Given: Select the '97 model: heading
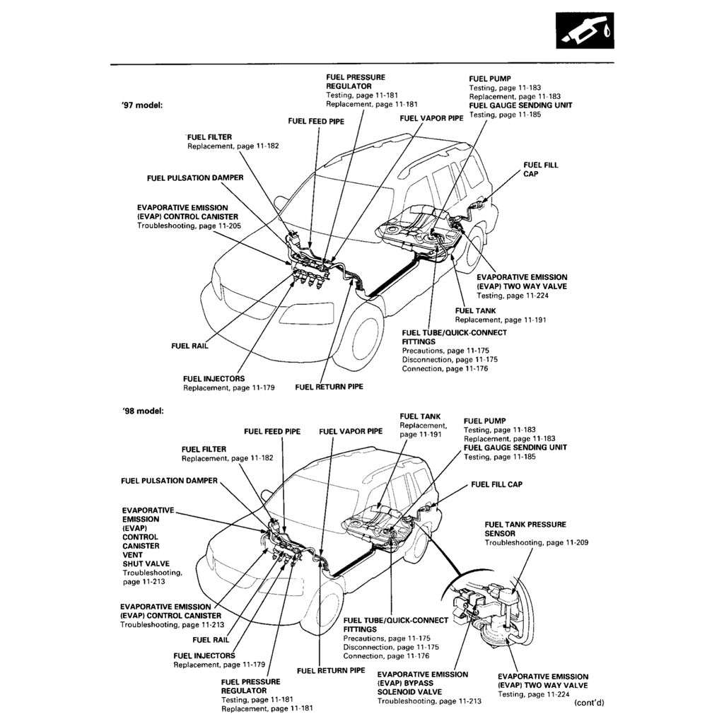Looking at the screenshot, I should [x=142, y=105].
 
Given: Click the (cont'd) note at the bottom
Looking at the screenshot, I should [x=589, y=703].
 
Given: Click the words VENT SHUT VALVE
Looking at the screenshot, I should [x=141, y=559].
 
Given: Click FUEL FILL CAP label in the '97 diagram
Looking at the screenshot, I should [x=540, y=169].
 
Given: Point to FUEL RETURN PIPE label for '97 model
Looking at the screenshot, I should [x=329, y=387].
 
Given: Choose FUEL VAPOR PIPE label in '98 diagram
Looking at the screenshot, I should [x=351, y=431].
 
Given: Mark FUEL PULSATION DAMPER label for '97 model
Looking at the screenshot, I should [x=195, y=178].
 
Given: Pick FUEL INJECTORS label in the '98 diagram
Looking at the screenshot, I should [x=204, y=655].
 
